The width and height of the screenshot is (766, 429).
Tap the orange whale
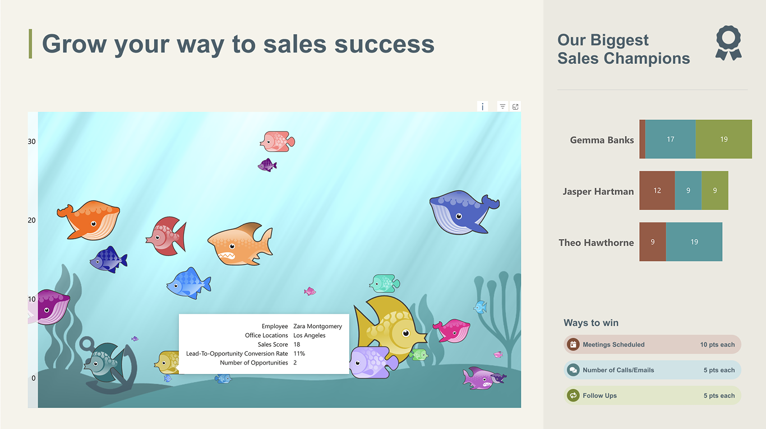click(90, 220)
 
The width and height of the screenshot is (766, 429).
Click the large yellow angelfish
click(390, 328)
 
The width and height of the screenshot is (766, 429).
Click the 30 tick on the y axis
click(31, 141)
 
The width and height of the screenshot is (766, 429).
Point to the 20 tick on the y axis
click(31, 220)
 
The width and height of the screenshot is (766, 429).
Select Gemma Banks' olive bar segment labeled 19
click(723, 139)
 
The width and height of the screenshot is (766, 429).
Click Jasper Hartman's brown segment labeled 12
click(657, 190)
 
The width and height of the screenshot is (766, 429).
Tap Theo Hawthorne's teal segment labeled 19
click(694, 242)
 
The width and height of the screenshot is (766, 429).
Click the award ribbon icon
click(728, 43)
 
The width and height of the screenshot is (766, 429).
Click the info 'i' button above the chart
click(482, 106)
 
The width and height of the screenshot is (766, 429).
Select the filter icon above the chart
click(502, 106)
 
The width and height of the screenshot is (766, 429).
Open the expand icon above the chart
click(515, 106)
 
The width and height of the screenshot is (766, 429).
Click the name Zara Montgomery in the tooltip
click(317, 326)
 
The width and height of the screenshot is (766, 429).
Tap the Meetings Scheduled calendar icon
click(573, 344)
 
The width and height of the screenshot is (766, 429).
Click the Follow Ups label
click(599, 395)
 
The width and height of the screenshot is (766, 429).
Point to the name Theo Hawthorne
click(596, 243)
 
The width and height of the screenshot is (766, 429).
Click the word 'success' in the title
click(384, 44)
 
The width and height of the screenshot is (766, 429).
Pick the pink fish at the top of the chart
click(278, 141)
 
